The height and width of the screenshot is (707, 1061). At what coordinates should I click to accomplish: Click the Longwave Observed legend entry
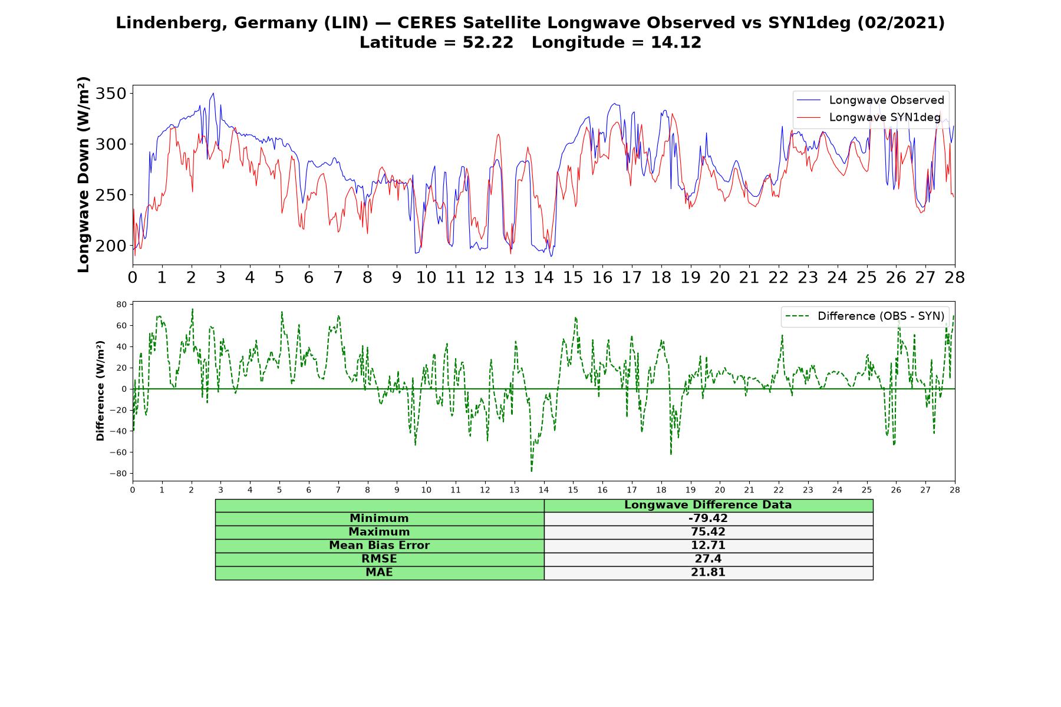click(870, 100)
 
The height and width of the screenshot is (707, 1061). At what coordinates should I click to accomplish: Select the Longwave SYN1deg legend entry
click(868, 117)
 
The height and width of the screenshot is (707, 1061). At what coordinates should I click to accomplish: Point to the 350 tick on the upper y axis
click(111, 94)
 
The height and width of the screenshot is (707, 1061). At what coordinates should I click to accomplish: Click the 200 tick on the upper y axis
click(111, 246)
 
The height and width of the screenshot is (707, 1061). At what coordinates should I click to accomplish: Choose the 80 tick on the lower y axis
click(122, 305)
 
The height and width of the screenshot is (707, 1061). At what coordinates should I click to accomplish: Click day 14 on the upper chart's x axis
click(543, 277)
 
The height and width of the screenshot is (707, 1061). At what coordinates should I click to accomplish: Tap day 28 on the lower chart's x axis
click(955, 490)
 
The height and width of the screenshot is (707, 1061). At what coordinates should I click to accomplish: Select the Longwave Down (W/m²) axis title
click(83, 174)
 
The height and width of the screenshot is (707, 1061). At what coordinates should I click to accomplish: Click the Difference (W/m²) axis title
click(100, 391)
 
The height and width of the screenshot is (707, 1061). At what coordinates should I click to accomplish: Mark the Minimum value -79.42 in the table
click(708, 518)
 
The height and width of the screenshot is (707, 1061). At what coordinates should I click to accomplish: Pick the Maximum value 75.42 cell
click(708, 532)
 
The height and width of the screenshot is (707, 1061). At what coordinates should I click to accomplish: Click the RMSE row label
click(379, 559)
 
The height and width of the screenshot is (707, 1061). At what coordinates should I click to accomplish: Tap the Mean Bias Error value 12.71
click(708, 546)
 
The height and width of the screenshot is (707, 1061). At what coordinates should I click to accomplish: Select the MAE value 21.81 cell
click(708, 573)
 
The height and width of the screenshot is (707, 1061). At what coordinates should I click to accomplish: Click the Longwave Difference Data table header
click(708, 505)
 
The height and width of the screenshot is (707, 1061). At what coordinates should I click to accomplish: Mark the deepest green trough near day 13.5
click(531, 471)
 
